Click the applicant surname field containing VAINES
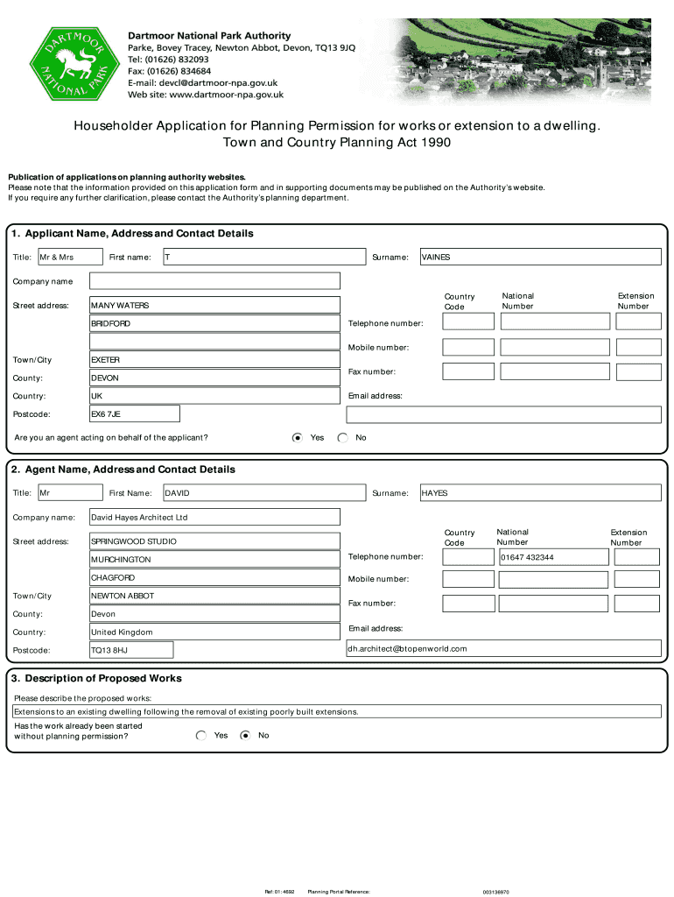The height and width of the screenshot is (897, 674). tap(540, 257)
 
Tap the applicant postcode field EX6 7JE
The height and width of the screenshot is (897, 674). tap(135, 413)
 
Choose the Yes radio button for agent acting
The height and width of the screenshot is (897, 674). tap(298, 437)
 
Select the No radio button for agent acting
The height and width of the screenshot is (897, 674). tap(342, 437)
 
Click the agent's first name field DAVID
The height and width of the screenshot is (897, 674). tap(263, 493)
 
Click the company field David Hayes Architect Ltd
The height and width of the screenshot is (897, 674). tap(214, 518)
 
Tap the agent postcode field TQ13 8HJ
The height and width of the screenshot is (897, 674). tap(131, 650)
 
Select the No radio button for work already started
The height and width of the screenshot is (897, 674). tap(246, 735)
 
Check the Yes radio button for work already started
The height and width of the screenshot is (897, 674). tap(201, 735)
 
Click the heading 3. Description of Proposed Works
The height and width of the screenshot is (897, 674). tap(96, 678)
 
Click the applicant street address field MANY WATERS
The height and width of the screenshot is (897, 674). tap(214, 305)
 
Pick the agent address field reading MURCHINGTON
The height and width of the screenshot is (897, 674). tap(214, 559)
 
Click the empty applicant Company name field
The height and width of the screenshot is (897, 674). tap(214, 280)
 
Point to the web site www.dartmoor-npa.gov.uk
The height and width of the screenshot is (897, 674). tap(206, 95)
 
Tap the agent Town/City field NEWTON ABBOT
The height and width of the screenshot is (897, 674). tap(214, 596)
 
